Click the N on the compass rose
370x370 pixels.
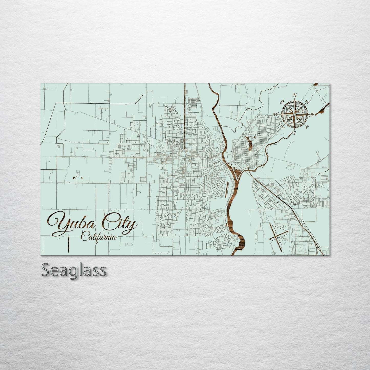[295, 95]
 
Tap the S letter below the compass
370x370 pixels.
[294, 133]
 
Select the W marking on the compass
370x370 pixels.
[276, 114]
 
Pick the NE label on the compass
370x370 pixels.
[307, 102]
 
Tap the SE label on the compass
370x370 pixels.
[307, 126]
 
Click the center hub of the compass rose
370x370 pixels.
[295, 114]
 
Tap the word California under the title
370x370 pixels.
[99, 237]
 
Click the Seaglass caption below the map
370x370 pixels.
[74, 270]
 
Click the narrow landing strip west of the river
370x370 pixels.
[227, 189]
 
